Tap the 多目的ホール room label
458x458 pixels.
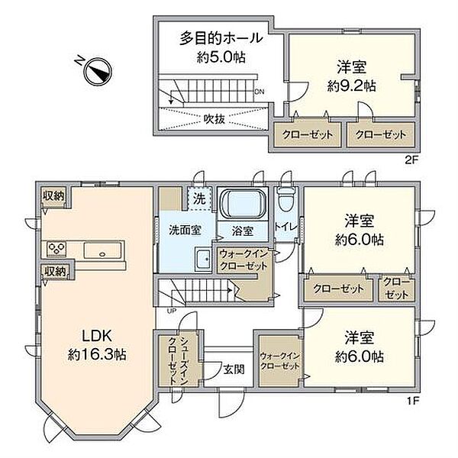221,37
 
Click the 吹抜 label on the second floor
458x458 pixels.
214,118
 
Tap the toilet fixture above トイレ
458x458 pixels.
285,199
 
